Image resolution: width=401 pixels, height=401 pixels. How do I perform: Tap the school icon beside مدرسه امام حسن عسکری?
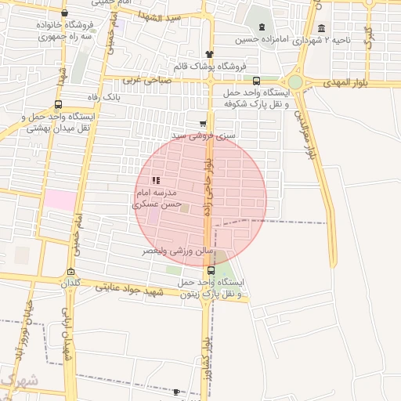155,181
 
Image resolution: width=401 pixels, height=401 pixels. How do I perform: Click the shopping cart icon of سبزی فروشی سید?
203,123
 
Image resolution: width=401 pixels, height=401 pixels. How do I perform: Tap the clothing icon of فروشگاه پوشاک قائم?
208,53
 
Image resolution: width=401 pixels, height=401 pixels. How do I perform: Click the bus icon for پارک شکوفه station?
257,81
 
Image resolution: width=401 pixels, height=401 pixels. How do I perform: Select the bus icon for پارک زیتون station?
211,270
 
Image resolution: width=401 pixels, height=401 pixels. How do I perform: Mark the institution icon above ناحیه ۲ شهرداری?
321,28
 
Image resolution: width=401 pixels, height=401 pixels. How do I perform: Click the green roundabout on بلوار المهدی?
295,81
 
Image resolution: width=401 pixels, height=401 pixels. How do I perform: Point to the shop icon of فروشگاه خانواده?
64,13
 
